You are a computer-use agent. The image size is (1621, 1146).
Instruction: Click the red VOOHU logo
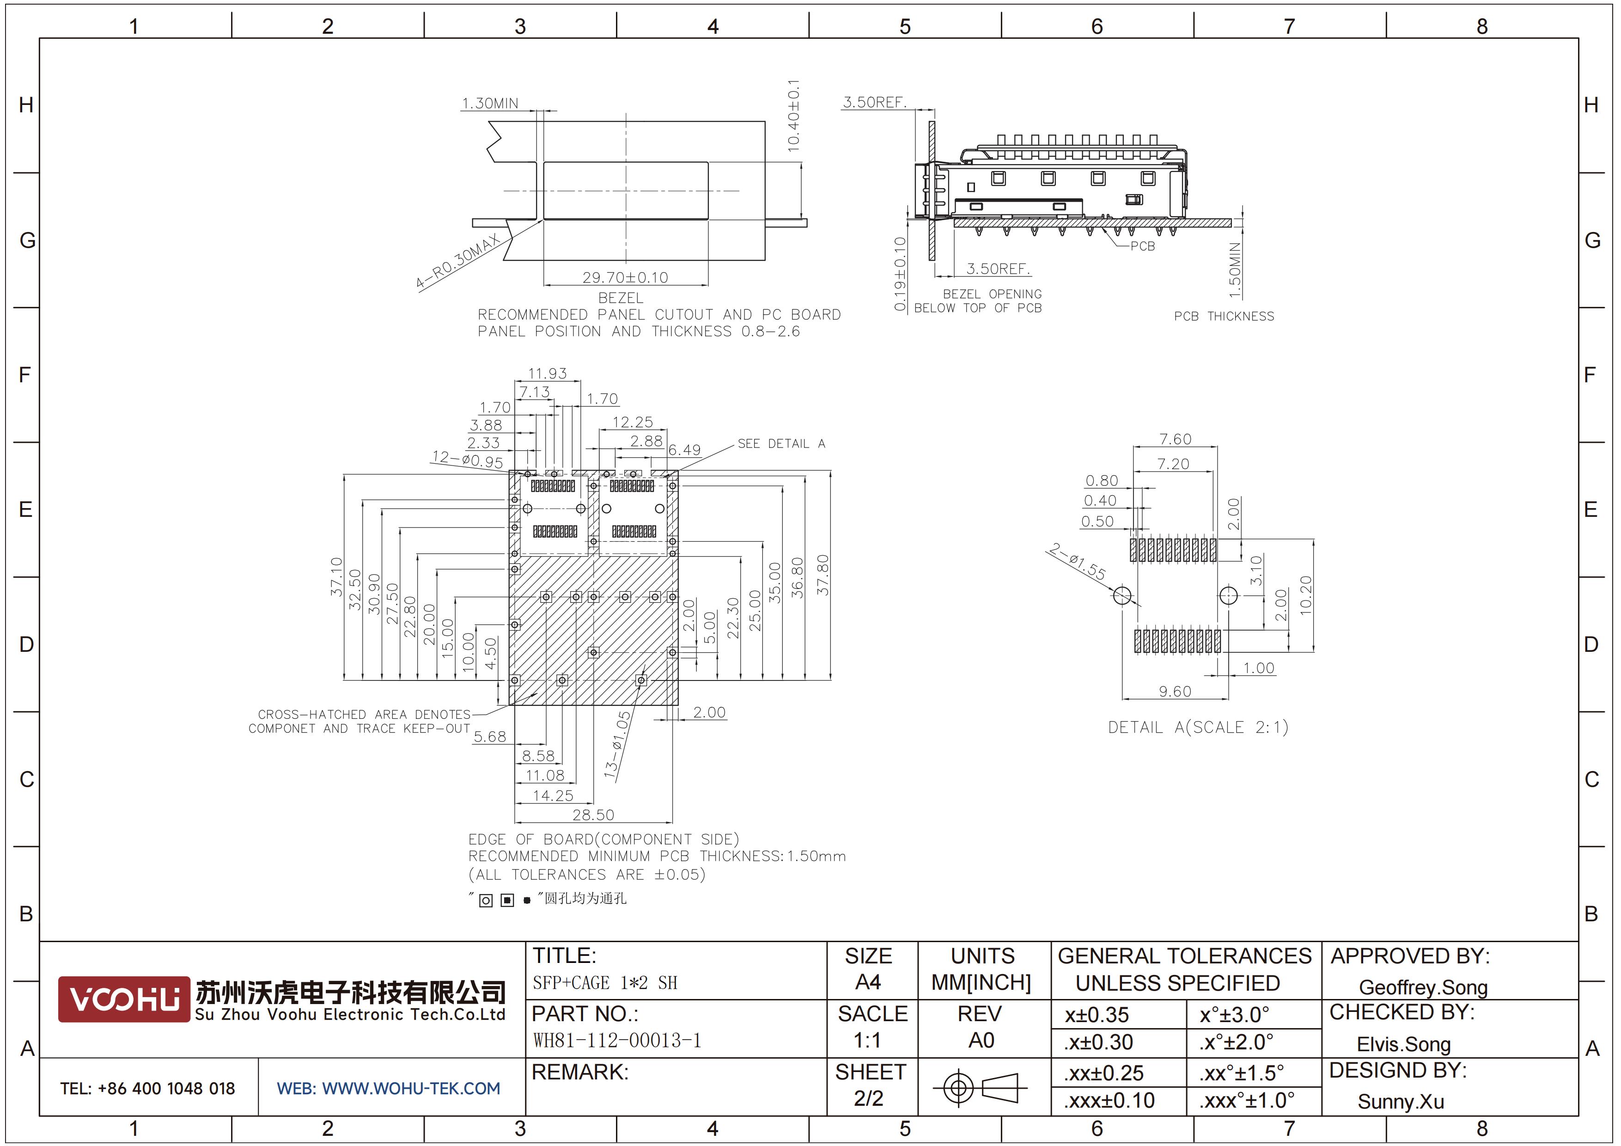123,999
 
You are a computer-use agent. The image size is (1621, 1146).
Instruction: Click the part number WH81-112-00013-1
616,1040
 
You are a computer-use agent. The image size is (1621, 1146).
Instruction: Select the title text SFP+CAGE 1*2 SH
604,982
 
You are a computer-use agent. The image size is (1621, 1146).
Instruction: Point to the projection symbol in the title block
980,1087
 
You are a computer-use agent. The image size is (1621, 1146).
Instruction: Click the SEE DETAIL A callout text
781,443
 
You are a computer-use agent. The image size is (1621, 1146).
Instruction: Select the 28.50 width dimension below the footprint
593,815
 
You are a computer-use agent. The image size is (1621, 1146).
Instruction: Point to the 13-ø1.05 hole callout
618,745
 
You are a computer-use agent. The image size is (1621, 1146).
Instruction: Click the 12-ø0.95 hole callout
467,459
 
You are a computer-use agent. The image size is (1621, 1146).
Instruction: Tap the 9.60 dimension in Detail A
1175,691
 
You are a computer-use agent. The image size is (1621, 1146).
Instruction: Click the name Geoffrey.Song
1423,987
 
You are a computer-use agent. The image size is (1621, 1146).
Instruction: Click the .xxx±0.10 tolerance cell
1109,1100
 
